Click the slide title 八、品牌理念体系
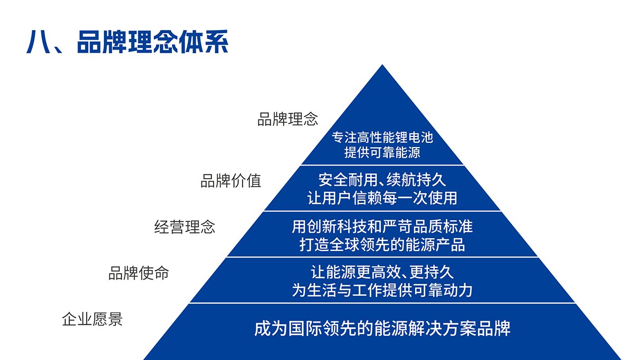coord(127,42)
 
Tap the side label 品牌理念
coord(287,119)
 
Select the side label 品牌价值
coord(231,181)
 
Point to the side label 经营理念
coord(185,227)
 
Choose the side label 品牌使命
coord(138,273)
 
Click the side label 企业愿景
coord(92,319)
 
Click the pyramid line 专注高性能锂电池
coord(382,138)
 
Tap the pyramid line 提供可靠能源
coord(382,152)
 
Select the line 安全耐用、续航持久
coord(382,180)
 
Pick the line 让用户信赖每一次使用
coord(382,198)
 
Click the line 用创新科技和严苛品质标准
coord(382,227)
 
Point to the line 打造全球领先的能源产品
coord(382,245)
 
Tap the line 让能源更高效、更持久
coord(382,272)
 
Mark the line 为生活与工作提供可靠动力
coord(382,290)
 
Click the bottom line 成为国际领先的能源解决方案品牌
coord(382,328)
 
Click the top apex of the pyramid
coord(382,65)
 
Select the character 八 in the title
coord(39,42)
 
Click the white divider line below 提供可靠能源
coord(382,165)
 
